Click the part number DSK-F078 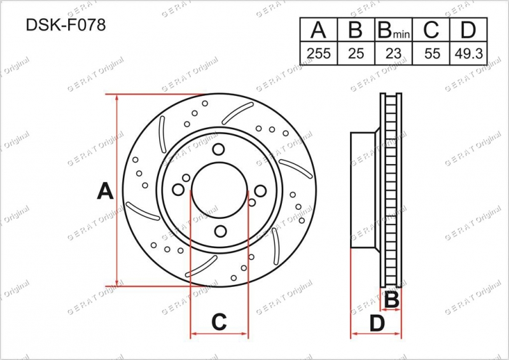(66, 25)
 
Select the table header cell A (319, 29)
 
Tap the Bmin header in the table (393, 29)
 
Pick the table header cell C (431, 29)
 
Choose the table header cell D (468, 29)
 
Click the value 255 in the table (319, 53)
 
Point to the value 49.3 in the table (469, 53)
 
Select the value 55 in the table (432, 53)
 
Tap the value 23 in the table (393, 53)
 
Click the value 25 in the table (356, 53)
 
